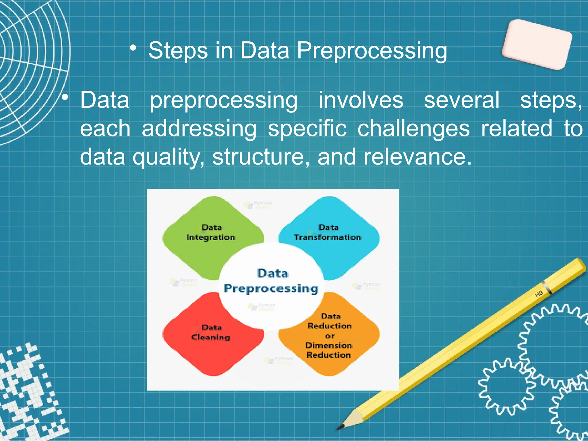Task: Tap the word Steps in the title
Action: click(178, 51)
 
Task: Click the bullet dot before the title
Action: click(133, 48)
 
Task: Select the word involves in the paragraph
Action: click(361, 100)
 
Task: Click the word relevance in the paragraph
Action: click(417, 157)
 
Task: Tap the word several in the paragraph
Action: click(462, 100)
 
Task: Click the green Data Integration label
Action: click(211, 233)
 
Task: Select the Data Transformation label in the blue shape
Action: click(328, 233)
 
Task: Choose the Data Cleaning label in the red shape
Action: click(211, 332)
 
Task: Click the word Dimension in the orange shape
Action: click(329, 345)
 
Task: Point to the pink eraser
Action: click(537, 45)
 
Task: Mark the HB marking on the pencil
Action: click(539, 294)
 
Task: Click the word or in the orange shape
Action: click(330, 336)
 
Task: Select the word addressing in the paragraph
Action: click(199, 129)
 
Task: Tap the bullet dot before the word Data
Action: click(65, 98)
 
